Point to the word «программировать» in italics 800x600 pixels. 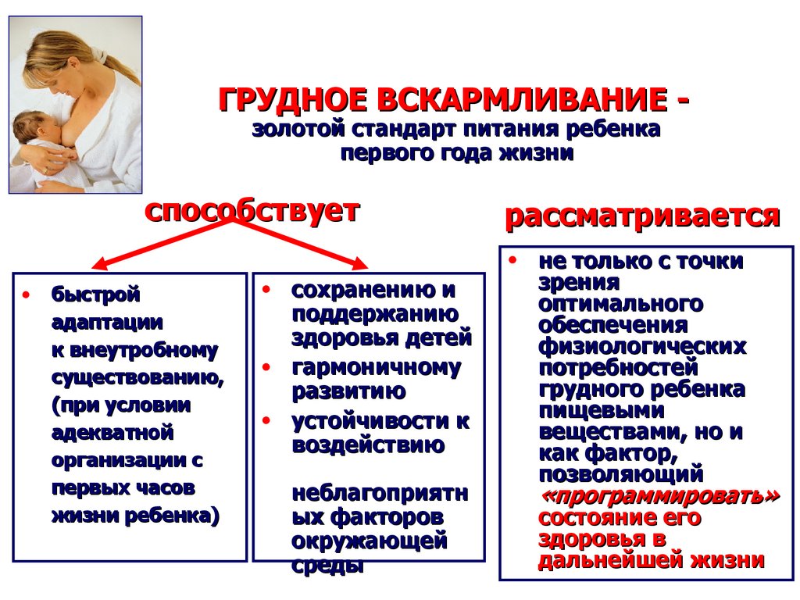click(659, 497)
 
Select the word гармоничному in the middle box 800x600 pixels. click(376, 367)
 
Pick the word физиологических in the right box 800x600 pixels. click(641, 345)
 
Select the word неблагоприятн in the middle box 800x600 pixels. click(380, 494)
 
